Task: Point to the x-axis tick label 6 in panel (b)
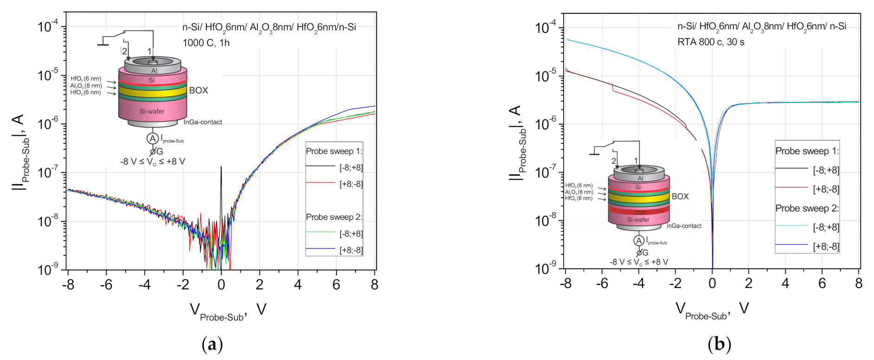(822, 283)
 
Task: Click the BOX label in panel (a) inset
(199, 90)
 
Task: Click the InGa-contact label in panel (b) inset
(684, 226)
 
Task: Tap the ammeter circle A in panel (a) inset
(152, 138)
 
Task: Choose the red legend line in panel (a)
(320, 183)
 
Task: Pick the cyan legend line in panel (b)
(791, 226)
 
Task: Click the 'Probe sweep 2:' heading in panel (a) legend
(334, 217)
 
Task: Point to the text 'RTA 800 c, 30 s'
(711, 42)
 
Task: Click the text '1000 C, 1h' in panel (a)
(206, 43)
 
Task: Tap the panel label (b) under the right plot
(720, 345)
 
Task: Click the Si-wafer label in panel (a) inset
(152, 111)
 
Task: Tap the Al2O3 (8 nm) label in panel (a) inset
(86, 86)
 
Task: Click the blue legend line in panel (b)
(791, 245)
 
